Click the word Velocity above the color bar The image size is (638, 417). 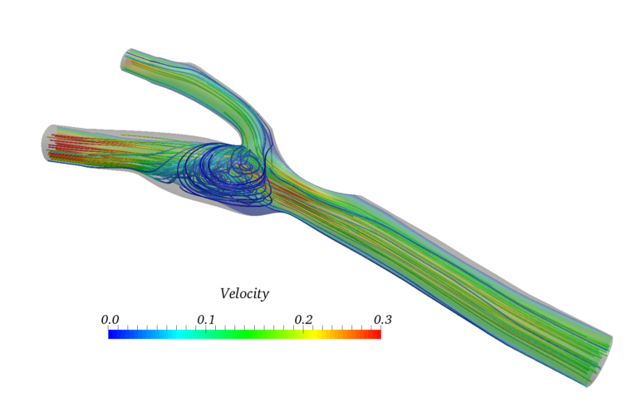(x=244, y=293)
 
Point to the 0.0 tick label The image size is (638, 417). (x=109, y=320)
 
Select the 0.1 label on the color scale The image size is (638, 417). (x=206, y=320)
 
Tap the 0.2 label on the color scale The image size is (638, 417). (x=303, y=320)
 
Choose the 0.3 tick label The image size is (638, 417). (x=381, y=320)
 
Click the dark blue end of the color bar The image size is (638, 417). (x=112, y=334)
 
